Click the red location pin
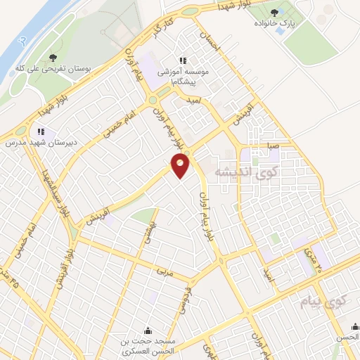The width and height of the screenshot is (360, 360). pyautogui.click(x=181, y=166)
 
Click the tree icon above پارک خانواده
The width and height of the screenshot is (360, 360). pyautogui.click(x=274, y=13)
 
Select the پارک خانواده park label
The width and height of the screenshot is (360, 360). pyautogui.click(x=275, y=25)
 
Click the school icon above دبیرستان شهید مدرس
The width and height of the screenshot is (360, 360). pyautogui.click(x=41, y=131)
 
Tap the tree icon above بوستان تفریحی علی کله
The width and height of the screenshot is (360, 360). pyautogui.click(x=55, y=57)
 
